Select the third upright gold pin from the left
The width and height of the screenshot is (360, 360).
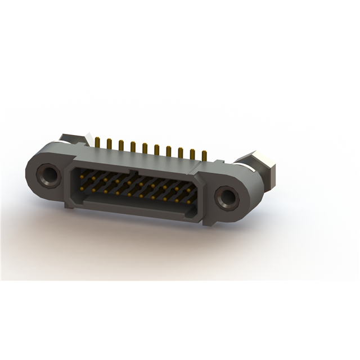[121, 145]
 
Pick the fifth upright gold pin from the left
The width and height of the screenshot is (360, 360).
[145, 147]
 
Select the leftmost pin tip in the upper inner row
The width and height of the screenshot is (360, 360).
[82, 177]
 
